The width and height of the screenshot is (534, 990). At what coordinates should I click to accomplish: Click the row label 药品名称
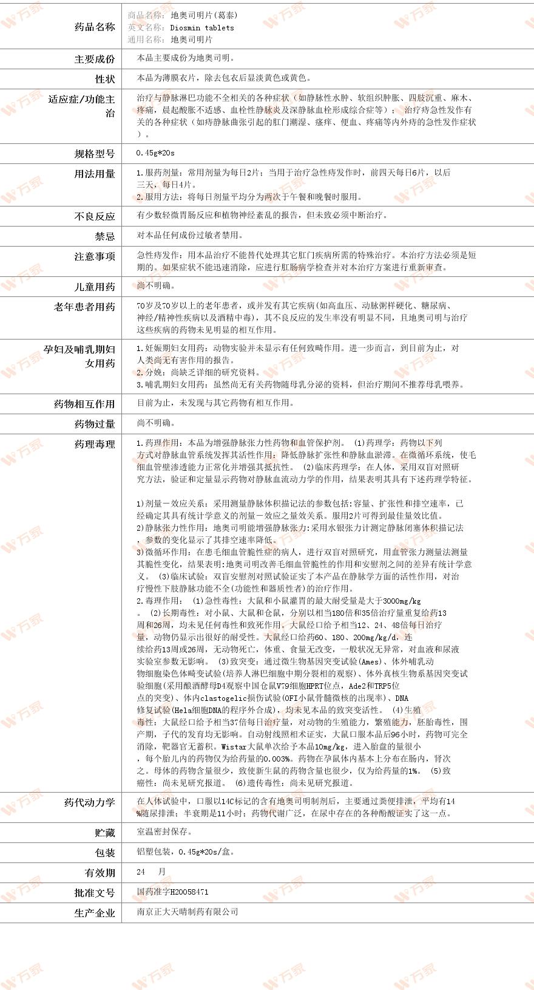click(x=94, y=27)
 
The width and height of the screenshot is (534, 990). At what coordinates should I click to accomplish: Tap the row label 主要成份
click(x=94, y=59)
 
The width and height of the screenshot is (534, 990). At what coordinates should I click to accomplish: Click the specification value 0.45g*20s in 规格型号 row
click(x=155, y=153)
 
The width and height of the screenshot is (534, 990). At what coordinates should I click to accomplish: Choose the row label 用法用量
click(x=94, y=174)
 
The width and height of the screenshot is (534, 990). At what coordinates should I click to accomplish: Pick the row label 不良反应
click(x=94, y=216)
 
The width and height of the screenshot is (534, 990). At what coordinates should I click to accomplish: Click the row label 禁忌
click(x=104, y=236)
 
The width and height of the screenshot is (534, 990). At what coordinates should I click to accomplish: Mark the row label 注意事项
click(x=94, y=256)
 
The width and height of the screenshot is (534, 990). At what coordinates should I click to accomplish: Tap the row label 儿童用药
click(x=94, y=287)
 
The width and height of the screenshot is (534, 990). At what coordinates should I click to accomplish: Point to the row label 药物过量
click(x=94, y=424)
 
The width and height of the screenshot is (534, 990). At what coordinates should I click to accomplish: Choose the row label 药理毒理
click(x=94, y=445)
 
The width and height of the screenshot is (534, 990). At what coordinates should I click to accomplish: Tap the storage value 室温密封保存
click(x=164, y=831)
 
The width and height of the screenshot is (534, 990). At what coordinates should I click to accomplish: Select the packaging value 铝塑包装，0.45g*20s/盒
click(x=186, y=852)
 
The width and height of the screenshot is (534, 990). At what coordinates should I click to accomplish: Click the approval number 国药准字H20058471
click(x=172, y=892)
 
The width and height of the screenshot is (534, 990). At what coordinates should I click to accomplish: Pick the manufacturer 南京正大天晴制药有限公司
click(x=187, y=912)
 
